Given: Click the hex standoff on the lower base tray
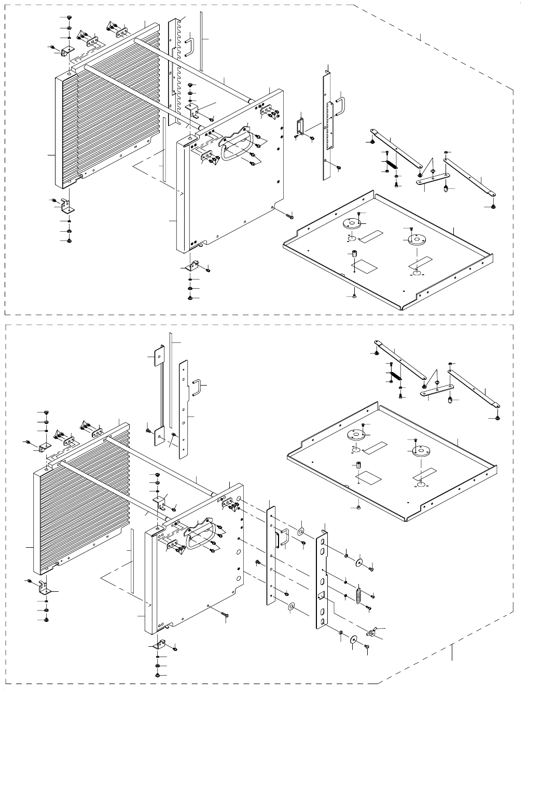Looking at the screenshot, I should click(x=358, y=464).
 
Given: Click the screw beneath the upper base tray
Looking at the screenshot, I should click(x=353, y=296).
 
